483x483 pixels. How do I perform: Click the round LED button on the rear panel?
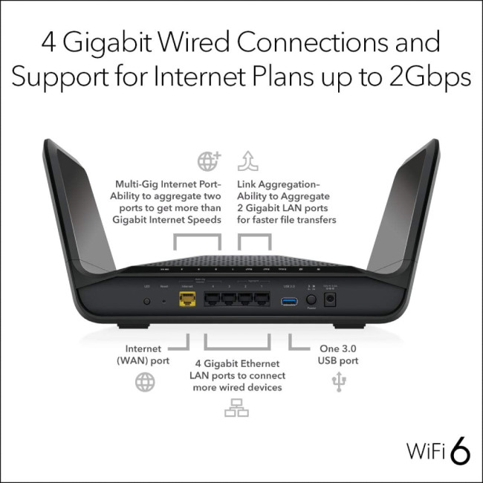[146, 302]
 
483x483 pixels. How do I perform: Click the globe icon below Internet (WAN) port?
[145, 383]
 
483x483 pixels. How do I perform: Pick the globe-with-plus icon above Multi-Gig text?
[208, 161]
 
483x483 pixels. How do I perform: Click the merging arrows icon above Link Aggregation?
[247, 161]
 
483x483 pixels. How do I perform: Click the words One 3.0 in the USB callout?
[339, 348]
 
